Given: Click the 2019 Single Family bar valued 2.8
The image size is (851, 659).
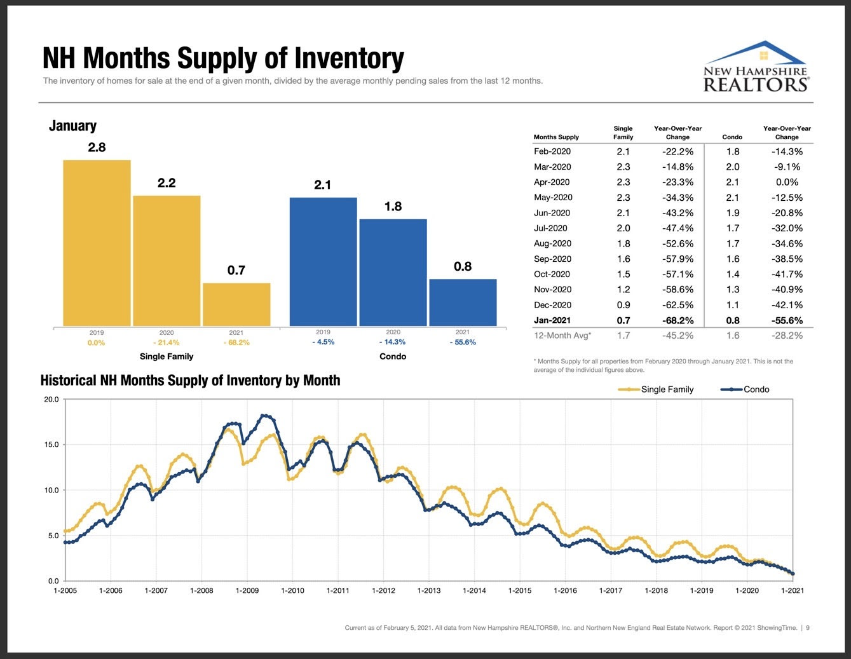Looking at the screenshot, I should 97,243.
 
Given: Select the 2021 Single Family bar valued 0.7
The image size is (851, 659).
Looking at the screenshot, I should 236,304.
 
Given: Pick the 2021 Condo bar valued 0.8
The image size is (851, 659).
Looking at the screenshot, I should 463,302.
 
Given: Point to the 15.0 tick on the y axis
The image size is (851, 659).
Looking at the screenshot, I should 51,445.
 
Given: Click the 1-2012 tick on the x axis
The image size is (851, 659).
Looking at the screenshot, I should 383,590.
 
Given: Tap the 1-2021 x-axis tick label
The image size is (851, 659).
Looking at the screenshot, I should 792,590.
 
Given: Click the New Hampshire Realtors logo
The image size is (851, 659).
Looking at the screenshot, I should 755,67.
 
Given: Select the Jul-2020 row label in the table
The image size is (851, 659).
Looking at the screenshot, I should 552,228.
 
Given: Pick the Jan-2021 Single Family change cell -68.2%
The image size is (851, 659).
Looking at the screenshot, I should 677,320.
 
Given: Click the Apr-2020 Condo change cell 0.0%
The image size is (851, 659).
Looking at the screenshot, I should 787,182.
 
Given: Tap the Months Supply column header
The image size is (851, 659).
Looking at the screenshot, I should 556,137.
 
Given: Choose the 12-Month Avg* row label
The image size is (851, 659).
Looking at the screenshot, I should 562,336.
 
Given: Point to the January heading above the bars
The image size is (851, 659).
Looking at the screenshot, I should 72,126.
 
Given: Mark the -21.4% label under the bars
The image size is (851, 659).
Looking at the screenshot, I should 167,343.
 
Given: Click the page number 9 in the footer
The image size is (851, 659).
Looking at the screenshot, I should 808,628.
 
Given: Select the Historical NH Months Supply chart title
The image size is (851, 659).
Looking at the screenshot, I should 190,381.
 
